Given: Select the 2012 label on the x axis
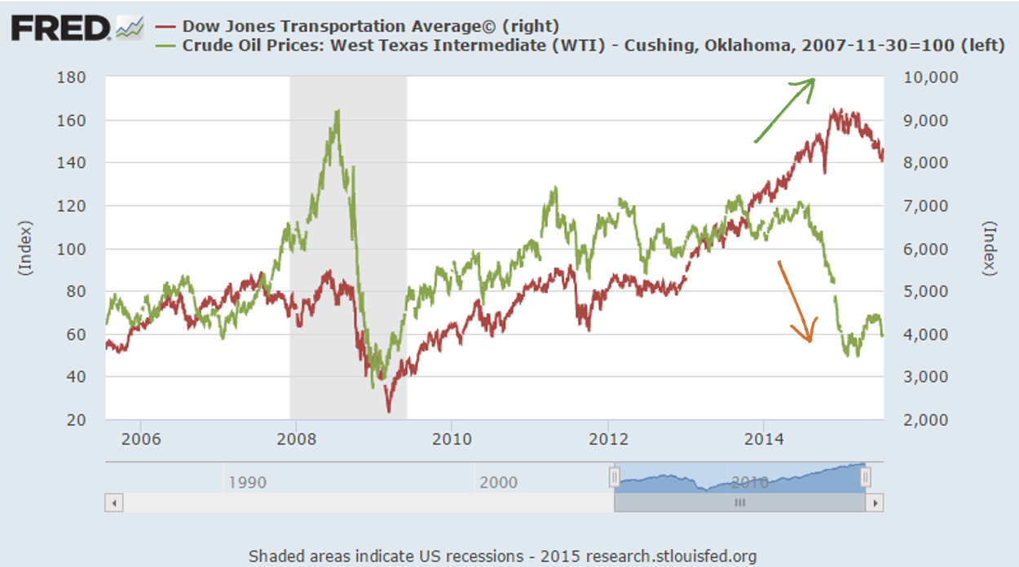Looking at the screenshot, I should (x=608, y=438).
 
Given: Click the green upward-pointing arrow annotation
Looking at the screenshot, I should (x=784, y=109).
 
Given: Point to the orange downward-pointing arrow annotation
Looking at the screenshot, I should (x=796, y=301).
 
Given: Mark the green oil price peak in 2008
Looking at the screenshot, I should (x=337, y=111).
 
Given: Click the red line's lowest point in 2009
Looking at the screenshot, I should (x=389, y=410).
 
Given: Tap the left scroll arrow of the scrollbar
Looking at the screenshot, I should (x=114, y=503).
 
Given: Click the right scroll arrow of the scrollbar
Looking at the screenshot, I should (x=876, y=503).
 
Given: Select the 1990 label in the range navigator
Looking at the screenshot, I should (x=247, y=481).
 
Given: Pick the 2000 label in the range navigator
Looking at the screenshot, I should (x=498, y=481).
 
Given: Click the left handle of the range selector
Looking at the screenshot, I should (x=615, y=476).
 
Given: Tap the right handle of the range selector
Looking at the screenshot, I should (x=866, y=476).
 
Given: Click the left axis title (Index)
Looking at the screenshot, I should (x=24, y=248).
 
